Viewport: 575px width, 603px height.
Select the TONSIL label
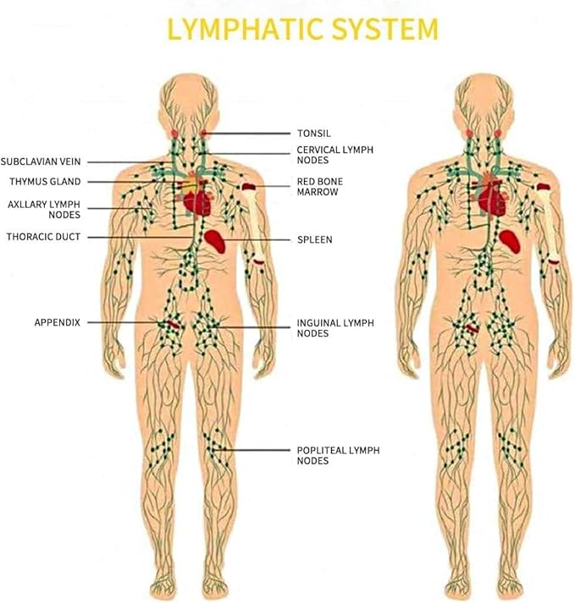pos(313,133)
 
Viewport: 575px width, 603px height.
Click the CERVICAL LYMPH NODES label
pos(334,155)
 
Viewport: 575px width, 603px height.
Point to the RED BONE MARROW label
pos(319,187)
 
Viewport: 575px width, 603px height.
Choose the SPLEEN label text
pos(314,240)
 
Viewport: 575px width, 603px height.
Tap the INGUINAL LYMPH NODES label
pos(334,328)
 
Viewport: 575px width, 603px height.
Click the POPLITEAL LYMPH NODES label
pos(338,455)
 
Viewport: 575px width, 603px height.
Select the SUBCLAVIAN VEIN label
pos(41,162)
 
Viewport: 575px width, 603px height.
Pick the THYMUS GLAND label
pos(46,182)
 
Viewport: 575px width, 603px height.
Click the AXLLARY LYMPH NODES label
pos(44,210)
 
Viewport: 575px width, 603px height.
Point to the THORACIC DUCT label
pos(43,237)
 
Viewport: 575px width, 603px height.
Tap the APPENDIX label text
pos(58,322)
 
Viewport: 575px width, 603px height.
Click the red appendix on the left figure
pos(172,324)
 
